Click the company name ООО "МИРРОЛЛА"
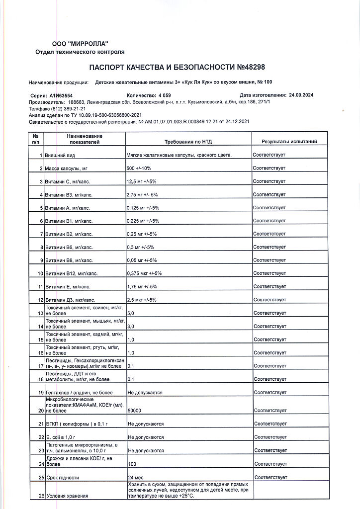pyautogui.click(x=80, y=44)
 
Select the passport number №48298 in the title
pyautogui.click(x=252, y=67)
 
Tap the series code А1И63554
pyautogui.click(x=61, y=95)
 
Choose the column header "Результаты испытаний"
pyautogui.click(x=289, y=142)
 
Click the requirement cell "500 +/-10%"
pyautogui.click(x=140, y=169)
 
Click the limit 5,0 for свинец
pyautogui.click(x=131, y=313)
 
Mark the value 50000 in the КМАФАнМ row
pyautogui.click(x=134, y=411)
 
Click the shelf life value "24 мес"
pyautogui.click(x=136, y=478)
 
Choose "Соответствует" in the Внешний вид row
pyautogui.click(x=269, y=155)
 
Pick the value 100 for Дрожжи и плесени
pyautogui.click(x=132, y=464)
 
